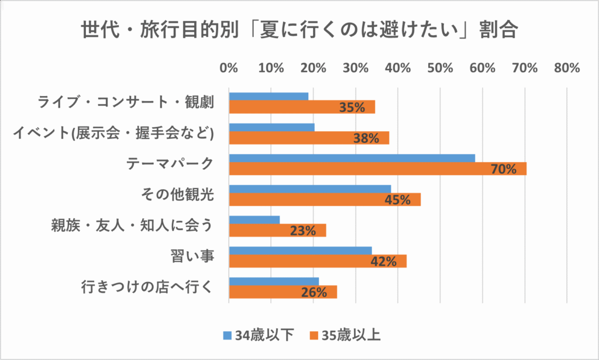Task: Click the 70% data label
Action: click(504, 169)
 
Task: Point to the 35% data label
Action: click(352, 107)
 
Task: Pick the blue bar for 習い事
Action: click(300, 251)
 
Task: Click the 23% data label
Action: click(303, 231)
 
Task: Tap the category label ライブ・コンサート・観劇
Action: click(126, 102)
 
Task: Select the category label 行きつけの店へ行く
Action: click(146, 287)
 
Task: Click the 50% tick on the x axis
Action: click(440, 68)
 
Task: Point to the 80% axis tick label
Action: click(566, 68)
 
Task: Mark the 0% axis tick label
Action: click(229, 68)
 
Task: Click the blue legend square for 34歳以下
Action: click(228, 335)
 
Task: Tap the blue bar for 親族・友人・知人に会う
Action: click(254, 220)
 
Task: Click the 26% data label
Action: click(314, 292)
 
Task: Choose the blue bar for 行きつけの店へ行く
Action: click(274, 282)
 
